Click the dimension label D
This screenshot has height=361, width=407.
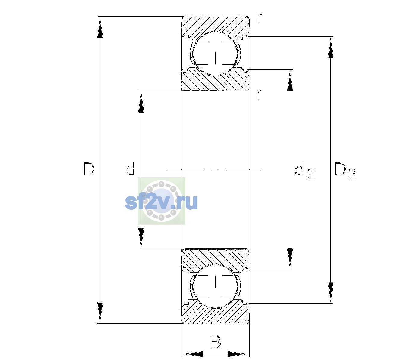pyautogui.click(x=89, y=169)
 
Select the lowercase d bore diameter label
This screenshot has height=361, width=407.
pyautogui.click(x=131, y=169)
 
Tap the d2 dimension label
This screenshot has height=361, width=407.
pyautogui.click(x=304, y=171)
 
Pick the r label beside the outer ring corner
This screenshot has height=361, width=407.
pyautogui.click(x=259, y=18)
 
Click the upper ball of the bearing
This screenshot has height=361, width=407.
pyautogui.click(x=215, y=54)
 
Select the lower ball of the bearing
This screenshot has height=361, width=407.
pyautogui.click(x=215, y=286)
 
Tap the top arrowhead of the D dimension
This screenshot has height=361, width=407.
pyautogui.click(x=100, y=28)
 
